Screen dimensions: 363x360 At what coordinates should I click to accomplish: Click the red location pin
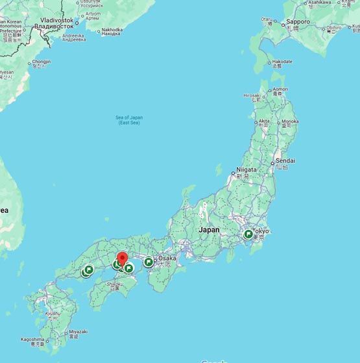point(122,258)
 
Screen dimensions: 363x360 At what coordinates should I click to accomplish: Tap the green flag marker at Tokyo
point(248,234)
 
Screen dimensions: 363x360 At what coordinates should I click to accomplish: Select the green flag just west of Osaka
point(149,262)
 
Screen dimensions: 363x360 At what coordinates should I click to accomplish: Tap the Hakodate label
point(282,62)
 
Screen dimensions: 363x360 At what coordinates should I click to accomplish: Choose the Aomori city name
point(280,90)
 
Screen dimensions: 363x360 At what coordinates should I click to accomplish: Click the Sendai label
point(285,160)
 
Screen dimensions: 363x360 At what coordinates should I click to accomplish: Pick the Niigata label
point(246,169)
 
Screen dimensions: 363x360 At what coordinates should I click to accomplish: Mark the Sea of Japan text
point(128,119)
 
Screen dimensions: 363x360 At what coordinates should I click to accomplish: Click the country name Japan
point(209,230)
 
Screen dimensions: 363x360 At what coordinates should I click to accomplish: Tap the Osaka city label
point(167,258)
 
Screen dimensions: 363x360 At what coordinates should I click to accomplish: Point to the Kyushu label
point(53,314)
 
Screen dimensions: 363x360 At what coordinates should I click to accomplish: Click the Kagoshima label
point(32,339)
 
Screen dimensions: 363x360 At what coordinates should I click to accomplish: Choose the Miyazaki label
point(77,331)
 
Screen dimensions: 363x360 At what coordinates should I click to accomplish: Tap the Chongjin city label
point(41,62)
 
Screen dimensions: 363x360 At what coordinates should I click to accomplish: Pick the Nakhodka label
point(112,29)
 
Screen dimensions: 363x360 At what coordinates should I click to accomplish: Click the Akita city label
point(264,121)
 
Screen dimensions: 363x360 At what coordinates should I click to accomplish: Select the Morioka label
point(289,121)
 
